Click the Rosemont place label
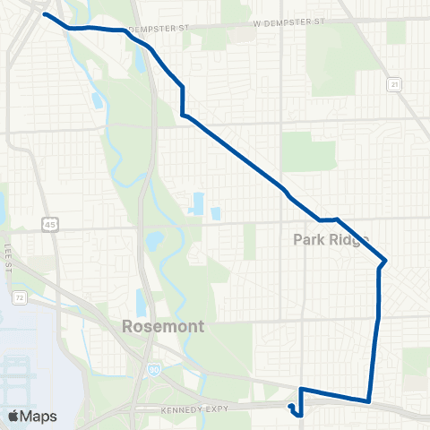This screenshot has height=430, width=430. click(x=165, y=327)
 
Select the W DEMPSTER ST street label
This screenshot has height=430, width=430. click(x=288, y=22)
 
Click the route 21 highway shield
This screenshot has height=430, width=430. click(x=393, y=84)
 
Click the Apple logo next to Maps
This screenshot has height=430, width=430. click(x=13, y=416)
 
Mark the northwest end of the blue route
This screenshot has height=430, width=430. click(x=45, y=15)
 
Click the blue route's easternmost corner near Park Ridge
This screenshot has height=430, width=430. click(x=386, y=261)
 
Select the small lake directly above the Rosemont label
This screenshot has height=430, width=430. click(x=141, y=302)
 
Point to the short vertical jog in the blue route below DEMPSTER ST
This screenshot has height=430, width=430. click(x=183, y=100)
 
